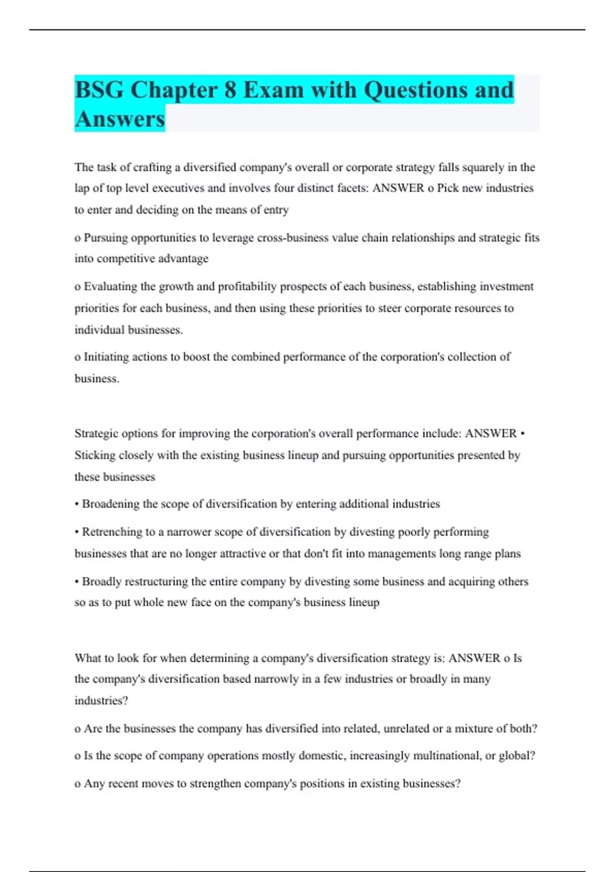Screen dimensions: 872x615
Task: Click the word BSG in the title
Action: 99,90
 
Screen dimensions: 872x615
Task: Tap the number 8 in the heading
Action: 230,90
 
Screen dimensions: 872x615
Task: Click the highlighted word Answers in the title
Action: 120,119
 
